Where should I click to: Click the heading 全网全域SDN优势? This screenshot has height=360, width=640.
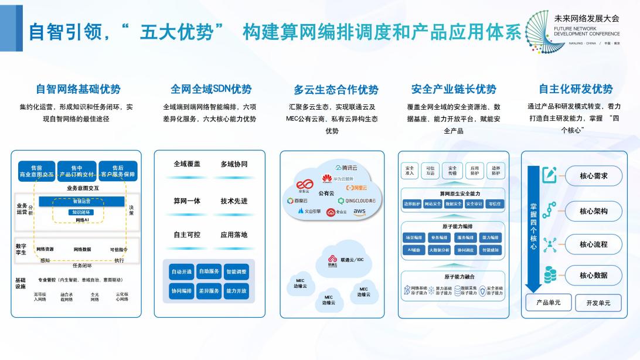211,89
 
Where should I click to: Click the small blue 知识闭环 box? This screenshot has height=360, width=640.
81,212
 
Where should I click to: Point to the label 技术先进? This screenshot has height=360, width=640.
234,201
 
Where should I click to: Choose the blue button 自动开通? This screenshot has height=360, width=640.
181,272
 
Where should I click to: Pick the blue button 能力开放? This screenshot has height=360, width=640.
236,291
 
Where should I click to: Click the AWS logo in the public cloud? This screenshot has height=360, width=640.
359,211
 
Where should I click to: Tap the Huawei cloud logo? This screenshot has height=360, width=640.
326,178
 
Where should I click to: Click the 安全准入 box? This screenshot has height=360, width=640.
409,171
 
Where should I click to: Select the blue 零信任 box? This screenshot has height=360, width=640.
493,204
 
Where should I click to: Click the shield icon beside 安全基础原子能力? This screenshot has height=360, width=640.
482,290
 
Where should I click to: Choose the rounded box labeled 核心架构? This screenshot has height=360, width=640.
593,211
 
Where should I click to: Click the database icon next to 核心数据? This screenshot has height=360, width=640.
550,274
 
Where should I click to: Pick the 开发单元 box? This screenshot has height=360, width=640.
598,303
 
